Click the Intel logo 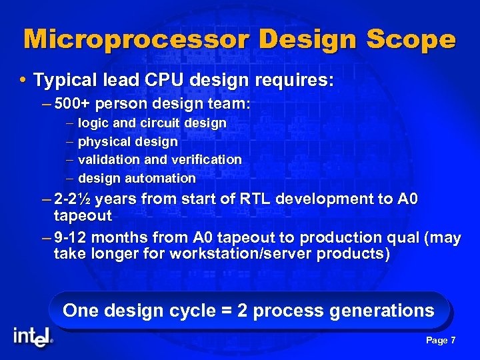click(33, 337)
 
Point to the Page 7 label click(440, 341)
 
